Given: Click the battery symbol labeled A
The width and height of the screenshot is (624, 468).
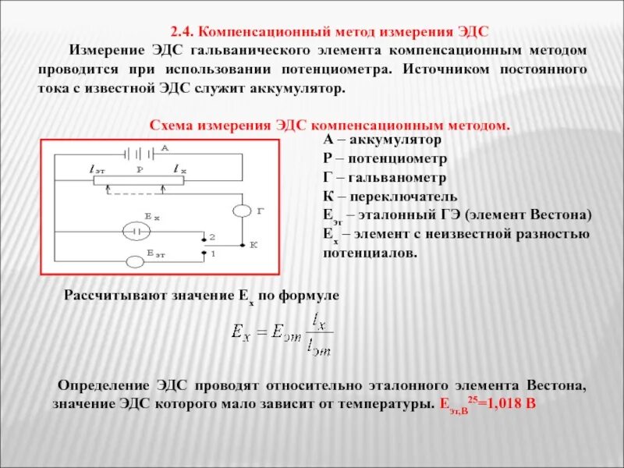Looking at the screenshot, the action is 140,152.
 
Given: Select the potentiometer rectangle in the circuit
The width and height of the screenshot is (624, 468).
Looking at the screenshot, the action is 137,180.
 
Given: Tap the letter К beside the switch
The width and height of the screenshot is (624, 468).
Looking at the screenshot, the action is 253,245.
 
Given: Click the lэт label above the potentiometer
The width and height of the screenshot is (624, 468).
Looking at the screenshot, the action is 98,168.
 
